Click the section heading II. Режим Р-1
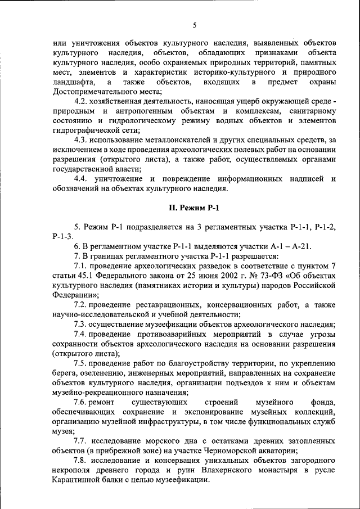coord(194,208)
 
